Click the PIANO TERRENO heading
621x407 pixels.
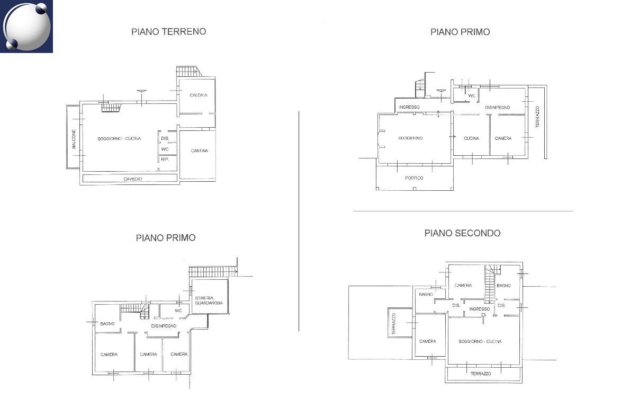(x=168, y=31)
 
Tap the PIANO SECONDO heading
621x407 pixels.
(x=462, y=233)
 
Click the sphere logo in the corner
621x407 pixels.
(x=26, y=26)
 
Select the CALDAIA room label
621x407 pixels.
(x=199, y=95)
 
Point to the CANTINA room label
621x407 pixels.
(x=199, y=151)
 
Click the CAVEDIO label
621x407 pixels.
(x=133, y=179)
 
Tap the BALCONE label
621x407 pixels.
(x=74, y=139)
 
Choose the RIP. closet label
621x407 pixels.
(x=165, y=159)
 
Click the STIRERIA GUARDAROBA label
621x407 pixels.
(x=209, y=300)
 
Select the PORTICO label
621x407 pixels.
(x=414, y=178)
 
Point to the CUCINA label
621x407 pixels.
(x=471, y=138)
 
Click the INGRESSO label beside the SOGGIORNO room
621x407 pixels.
(x=409, y=107)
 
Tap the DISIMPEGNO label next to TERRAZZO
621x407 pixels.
(x=498, y=107)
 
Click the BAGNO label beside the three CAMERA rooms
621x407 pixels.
(x=107, y=323)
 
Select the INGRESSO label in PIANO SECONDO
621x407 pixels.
(x=479, y=308)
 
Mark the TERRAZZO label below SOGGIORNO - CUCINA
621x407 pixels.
(x=480, y=374)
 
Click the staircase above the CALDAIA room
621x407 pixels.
(x=187, y=71)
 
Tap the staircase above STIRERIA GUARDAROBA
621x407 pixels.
(x=212, y=272)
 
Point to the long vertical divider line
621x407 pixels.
(x=299, y=221)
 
